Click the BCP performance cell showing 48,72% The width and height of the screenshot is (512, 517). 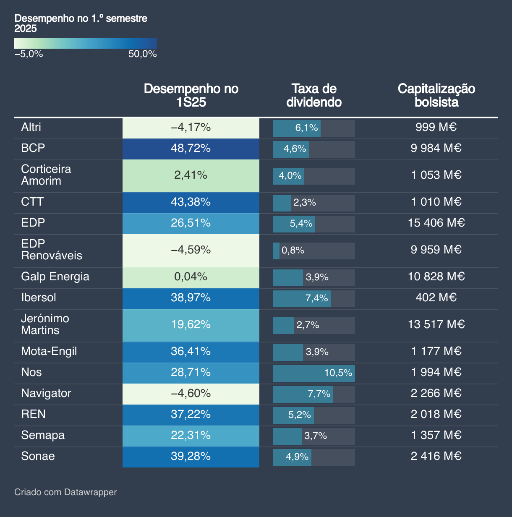(x=191, y=149)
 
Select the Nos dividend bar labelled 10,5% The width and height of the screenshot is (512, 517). (x=313, y=373)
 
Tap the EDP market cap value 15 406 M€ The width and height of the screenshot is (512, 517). (x=436, y=223)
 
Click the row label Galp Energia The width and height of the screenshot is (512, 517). (x=55, y=277)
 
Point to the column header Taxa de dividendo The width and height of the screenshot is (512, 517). (x=314, y=95)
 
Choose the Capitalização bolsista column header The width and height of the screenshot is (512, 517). (x=436, y=95)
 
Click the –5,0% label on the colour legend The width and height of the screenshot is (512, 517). (x=29, y=54)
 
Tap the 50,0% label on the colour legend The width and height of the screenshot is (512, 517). (x=142, y=54)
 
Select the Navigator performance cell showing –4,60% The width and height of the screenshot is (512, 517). (x=191, y=394)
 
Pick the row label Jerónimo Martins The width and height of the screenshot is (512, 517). (x=45, y=324)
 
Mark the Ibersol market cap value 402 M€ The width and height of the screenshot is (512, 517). (x=436, y=298)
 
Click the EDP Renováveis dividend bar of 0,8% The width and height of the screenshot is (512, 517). (x=276, y=251)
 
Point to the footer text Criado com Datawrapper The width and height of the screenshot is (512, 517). (x=65, y=492)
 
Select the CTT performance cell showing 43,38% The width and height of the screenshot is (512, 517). (x=191, y=202)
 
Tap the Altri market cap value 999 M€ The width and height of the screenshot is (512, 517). (x=436, y=128)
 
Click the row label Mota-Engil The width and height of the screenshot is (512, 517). (x=49, y=352)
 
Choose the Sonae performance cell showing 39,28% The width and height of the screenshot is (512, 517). (x=191, y=457)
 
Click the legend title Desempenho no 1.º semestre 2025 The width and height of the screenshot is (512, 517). (x=81, y=23)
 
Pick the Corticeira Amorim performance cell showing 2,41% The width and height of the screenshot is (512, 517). (x=191, y=175)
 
